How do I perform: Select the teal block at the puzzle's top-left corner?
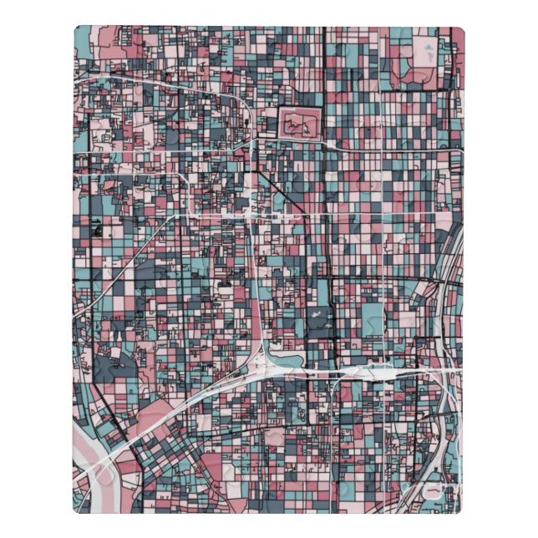tap(84, 38)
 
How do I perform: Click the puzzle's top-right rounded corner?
tap(459, 32)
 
